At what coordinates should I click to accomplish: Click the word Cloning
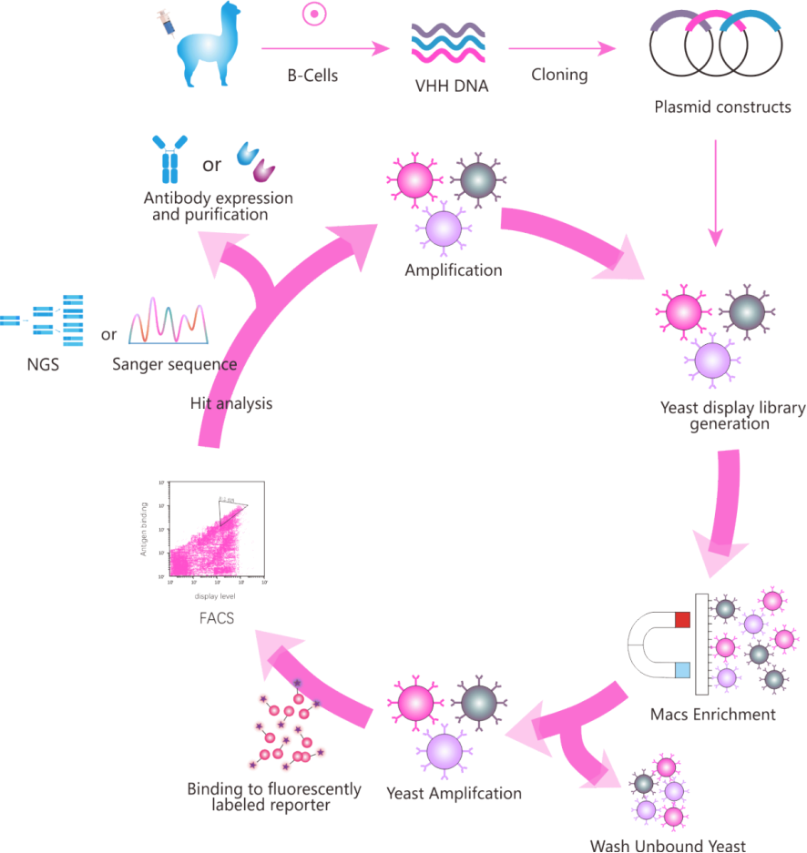pyautogui.click(x=559, y=76)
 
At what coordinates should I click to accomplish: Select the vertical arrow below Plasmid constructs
pyautogui.click(x=715, y=192)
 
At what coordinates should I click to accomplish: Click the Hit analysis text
pyautogui.click(x=231, y=402)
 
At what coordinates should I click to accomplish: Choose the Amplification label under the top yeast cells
pyautogui.click(x=454, y=270)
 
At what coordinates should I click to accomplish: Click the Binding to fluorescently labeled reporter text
pyautogui.click(x=274, y=797)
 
